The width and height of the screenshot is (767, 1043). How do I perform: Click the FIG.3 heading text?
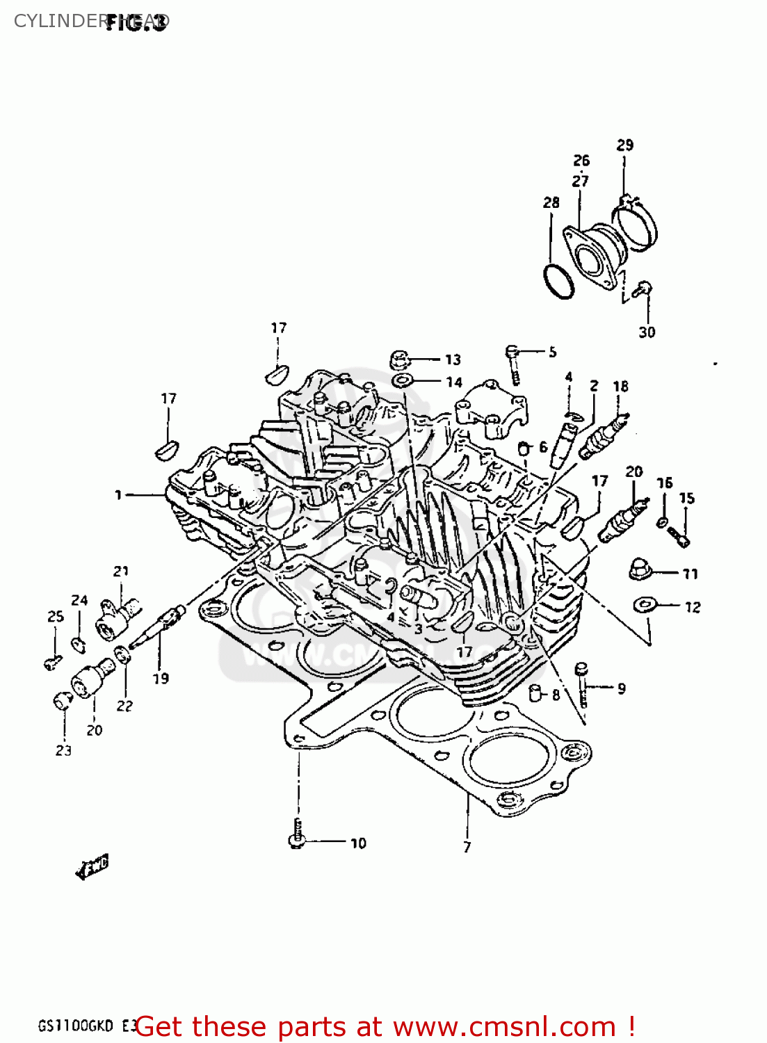point(136,23)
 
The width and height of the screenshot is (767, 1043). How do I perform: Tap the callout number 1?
point(118,495)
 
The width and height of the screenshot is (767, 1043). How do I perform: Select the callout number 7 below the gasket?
point(467,847)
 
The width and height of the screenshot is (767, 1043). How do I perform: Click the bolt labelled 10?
point(297,835)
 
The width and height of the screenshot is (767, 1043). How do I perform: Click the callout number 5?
point(552,352)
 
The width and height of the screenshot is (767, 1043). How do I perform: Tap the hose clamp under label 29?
point(636,223)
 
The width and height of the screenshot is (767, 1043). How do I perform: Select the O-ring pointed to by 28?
point(558,282)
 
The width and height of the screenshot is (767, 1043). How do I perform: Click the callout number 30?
point(647,332)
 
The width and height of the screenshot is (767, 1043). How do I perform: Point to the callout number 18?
point(620,386)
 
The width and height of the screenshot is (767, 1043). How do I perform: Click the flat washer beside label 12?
point(646,605)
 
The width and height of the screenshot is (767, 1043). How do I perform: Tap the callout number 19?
point(161,679)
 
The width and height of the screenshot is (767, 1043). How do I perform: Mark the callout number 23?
point(63,750)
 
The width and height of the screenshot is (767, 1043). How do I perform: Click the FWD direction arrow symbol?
point(92,867)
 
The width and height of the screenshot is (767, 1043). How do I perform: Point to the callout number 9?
point(621,688)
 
